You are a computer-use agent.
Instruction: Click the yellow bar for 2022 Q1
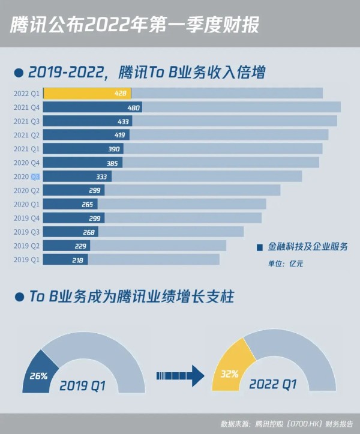pyautogui.click(x=87, y=93)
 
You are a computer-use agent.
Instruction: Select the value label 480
pyautogui.click(x=134, y=107)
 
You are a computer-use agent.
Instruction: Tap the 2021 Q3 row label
pyautogui.click(x=26, y=121)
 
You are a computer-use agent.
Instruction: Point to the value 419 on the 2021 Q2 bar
pyautogui.click(x=119, y=135)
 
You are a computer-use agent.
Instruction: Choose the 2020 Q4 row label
pyautogui.click(x=26, y=163)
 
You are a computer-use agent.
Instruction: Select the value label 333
pyautogui.click(x=101, y=176)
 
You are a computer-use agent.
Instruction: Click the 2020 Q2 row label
pyautogui.click(x=26, y=190)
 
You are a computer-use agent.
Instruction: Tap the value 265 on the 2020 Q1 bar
pyautogui.click(x=88, y=204)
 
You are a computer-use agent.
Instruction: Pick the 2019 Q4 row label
pyautogui.click(x=26, y=218)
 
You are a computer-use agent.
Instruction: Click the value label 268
pyautogui.click(x=88, y=232)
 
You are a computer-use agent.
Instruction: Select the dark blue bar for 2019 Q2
pyautogui.click(x=66, y=246)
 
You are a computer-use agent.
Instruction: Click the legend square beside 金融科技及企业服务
pyautogui.click(x=260, y=247)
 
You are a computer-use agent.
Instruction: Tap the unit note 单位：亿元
pyautogui.click(x=286, y=263)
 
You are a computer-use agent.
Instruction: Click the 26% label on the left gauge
pyautogui.click(x=38, y=376)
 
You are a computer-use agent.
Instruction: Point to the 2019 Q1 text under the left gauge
pyautogui.click(x=82, y=386)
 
